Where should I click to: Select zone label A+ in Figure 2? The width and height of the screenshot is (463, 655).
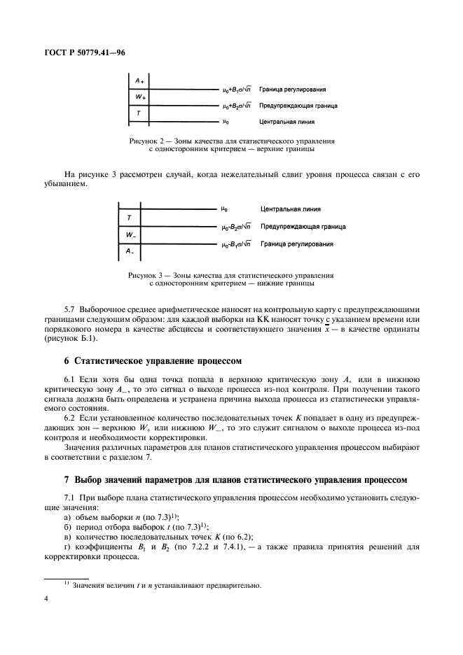pyautogui.click(x=139, y=81)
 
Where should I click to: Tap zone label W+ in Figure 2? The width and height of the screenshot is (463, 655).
pyautogui.click(x=139, y=97)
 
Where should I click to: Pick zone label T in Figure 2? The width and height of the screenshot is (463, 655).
pyautogui.click(x=139, y=113)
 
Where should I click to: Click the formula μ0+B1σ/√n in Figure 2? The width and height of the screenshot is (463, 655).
pyautogui.click(x=237, y=90)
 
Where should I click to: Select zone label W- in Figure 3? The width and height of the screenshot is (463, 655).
pyautogui.click(x=130, y=234)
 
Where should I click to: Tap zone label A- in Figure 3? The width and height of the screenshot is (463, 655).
pyautogui.click(x=130, y=251)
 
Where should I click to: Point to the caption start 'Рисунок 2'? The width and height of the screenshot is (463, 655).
pyautogui.click(x=148, y=141)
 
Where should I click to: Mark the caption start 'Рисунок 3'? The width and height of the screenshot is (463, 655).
pyautogui.click(x=148, y=275)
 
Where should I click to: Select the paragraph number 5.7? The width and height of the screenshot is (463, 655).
pyautogui.click(x=71, y=309)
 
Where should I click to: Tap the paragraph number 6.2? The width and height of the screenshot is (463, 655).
pyautogui.click(x=71, y=416)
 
